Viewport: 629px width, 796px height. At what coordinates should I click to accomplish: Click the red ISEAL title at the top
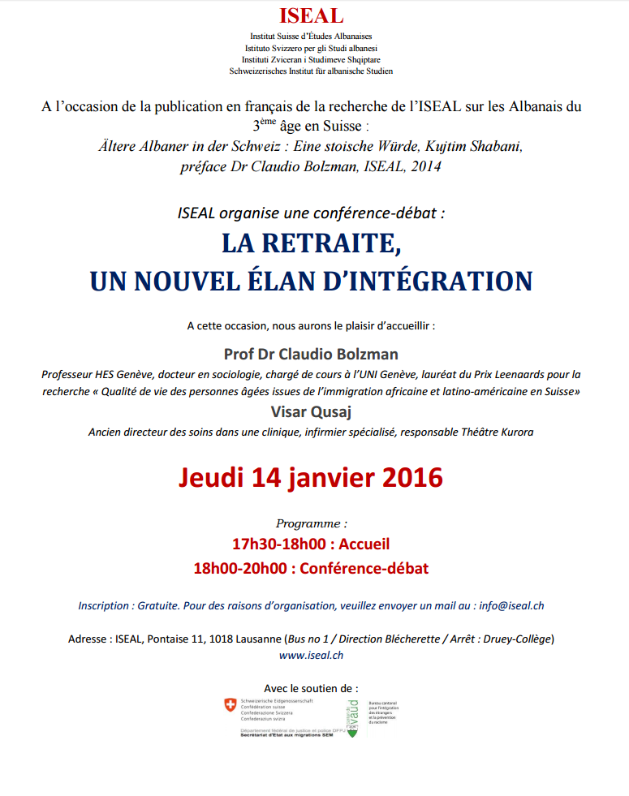point(311,16)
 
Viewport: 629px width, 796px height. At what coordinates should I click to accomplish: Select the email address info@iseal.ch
point(511,605)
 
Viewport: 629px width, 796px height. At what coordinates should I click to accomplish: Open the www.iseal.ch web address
point(311,655)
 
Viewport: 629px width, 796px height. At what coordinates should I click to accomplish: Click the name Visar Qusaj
point(311,412)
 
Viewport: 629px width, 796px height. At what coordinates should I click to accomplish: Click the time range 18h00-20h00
point(240,568)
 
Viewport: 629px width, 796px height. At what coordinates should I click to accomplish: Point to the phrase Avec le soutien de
point(311,687)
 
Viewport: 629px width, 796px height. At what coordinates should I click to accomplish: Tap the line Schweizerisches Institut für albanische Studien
point(311,71)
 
